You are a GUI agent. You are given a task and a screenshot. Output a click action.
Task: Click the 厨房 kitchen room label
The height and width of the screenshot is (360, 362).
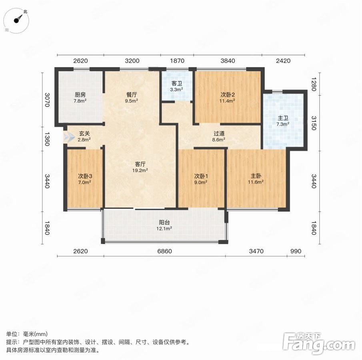point(80,95)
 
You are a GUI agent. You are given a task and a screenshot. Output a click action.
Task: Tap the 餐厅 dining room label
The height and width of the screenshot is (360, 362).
point(132,95)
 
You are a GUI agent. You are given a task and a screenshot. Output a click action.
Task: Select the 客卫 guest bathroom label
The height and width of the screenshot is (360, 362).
point(177,84)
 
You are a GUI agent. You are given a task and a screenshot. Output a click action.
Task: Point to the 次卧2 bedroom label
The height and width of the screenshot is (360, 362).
point(228,95)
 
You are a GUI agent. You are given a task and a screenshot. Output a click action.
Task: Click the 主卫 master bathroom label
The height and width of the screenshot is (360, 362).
point(283,118)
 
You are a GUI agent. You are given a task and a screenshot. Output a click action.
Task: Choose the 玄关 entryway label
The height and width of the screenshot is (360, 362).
point(84,134)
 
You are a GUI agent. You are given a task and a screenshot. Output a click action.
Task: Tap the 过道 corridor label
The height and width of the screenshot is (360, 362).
point(219,134)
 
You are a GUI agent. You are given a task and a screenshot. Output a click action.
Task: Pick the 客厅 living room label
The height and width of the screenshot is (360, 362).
point(140,164)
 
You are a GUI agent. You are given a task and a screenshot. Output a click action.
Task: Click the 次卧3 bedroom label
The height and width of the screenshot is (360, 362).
point(85,176)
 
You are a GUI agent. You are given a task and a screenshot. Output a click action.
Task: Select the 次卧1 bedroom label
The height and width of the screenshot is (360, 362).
point(201,176)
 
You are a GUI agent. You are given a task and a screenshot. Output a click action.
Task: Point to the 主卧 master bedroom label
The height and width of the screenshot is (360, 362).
point(256,176)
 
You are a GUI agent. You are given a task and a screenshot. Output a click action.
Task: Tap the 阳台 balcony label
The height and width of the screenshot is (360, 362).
point(164,223)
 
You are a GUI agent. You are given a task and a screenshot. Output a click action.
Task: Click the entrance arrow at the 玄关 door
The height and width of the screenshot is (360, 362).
point(69,137)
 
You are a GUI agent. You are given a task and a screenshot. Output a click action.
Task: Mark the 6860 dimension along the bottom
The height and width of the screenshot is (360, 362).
point(165,251)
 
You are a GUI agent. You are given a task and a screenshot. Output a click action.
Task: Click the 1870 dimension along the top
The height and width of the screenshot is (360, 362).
point(177,61)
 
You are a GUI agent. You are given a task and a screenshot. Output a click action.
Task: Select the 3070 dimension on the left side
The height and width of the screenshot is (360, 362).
point(47,100)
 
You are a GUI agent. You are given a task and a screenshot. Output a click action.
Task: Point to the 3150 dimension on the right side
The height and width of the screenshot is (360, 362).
point(314,123)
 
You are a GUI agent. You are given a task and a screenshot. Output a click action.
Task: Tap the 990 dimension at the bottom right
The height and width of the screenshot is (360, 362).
point(296,251)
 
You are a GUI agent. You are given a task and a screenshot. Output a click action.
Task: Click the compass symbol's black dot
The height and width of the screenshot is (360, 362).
point(16,20)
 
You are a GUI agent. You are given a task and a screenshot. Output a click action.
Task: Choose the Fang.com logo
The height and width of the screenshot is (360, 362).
point(319,343)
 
